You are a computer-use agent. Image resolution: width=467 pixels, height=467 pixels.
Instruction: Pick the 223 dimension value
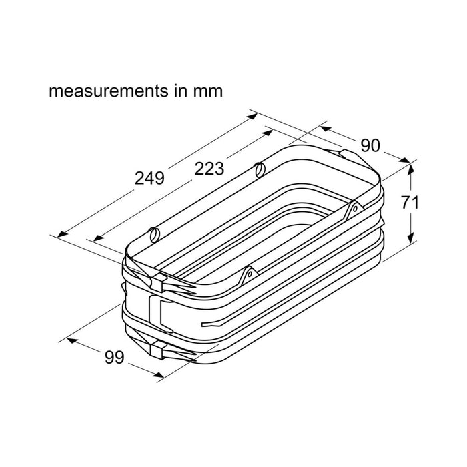pos(209,169)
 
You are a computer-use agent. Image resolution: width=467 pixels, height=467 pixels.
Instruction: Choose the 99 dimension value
pos(115,358)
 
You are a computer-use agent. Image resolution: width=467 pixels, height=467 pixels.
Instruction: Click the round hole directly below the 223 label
pos(259,169)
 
